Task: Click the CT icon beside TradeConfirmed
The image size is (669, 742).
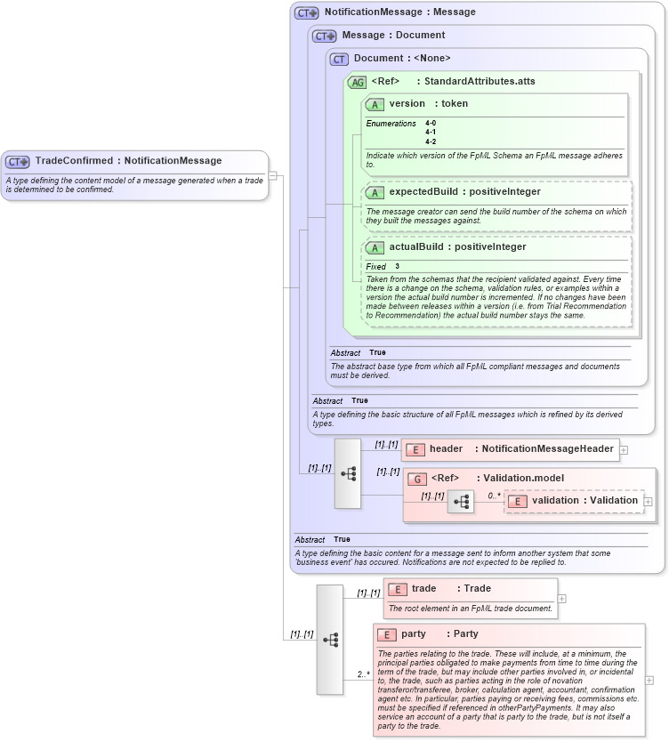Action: pyautogui.click(x=18, y=161)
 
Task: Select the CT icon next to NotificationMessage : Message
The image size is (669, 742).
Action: pyautogui.click(x=307, y=12)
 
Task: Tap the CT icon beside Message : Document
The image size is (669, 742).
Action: pyautogui.click(x=325, y=36)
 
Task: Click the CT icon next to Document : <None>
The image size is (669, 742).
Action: pyautogui.click(x=339, y=59)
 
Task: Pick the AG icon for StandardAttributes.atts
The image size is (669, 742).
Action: pyautogui.click(x=357, y=82)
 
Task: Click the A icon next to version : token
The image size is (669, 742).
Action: pyautogui.click(x=375, y=104)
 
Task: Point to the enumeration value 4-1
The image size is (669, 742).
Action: pyautogui.click(x=431, y=132)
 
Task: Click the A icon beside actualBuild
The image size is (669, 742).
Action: pyautogui.click(x=375, y=247)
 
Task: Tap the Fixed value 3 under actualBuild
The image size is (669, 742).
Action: pyautogui.click(x=398, y=266)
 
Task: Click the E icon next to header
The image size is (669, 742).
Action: pyautogui.click(x=415, y=449)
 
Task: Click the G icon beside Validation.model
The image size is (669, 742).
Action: pyautogui.click(x=416, y=479)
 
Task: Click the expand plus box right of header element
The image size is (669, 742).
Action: pyautogui.click(x=624, y=450)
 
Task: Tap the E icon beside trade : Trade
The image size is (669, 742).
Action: pyautogui.click(x=397, y=589)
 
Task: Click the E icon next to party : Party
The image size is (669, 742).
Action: pyautogui.click(x=386, y=634)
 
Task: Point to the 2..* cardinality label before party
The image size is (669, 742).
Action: pyautogui.click(x=363, y=674)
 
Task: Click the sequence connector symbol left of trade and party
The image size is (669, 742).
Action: pyautogui.click(x=330, y=640)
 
